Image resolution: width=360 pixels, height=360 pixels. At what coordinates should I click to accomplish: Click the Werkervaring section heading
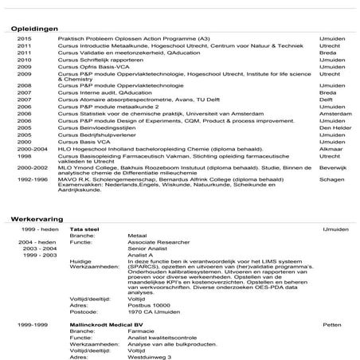(37, 217)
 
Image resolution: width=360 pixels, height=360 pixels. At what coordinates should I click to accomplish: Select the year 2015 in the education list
(24, 39)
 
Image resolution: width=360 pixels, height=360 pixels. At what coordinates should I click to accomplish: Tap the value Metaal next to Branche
(138, 236)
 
